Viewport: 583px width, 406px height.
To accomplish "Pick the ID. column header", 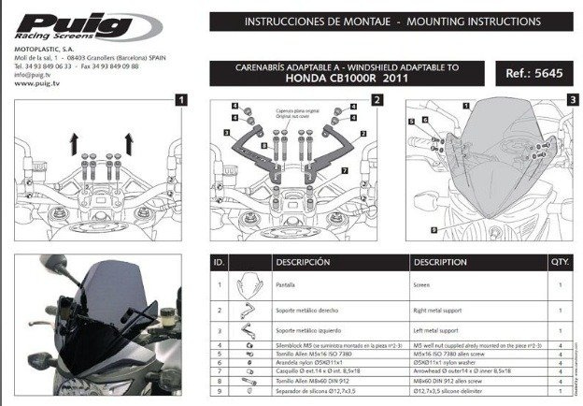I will [218, 263].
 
